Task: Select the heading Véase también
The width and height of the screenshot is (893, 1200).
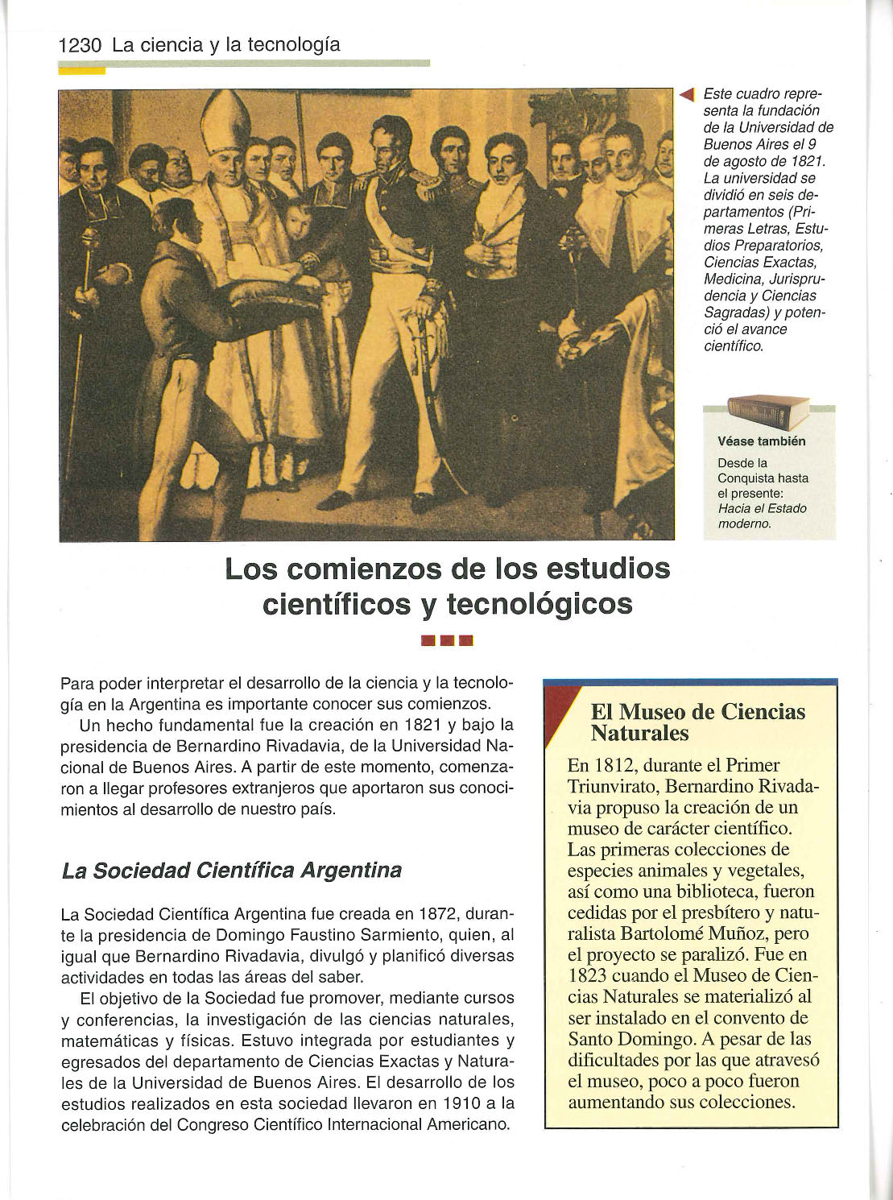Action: pyautogui.click(x=761, y=441)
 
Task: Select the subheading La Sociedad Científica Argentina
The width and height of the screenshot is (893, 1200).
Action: pyautogui.click(x=231, y=871)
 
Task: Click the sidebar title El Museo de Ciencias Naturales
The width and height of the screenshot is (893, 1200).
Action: pyautogui.click(x=697, y=722)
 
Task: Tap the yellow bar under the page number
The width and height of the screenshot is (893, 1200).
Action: pyautogui.click(x=82, y=70)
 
